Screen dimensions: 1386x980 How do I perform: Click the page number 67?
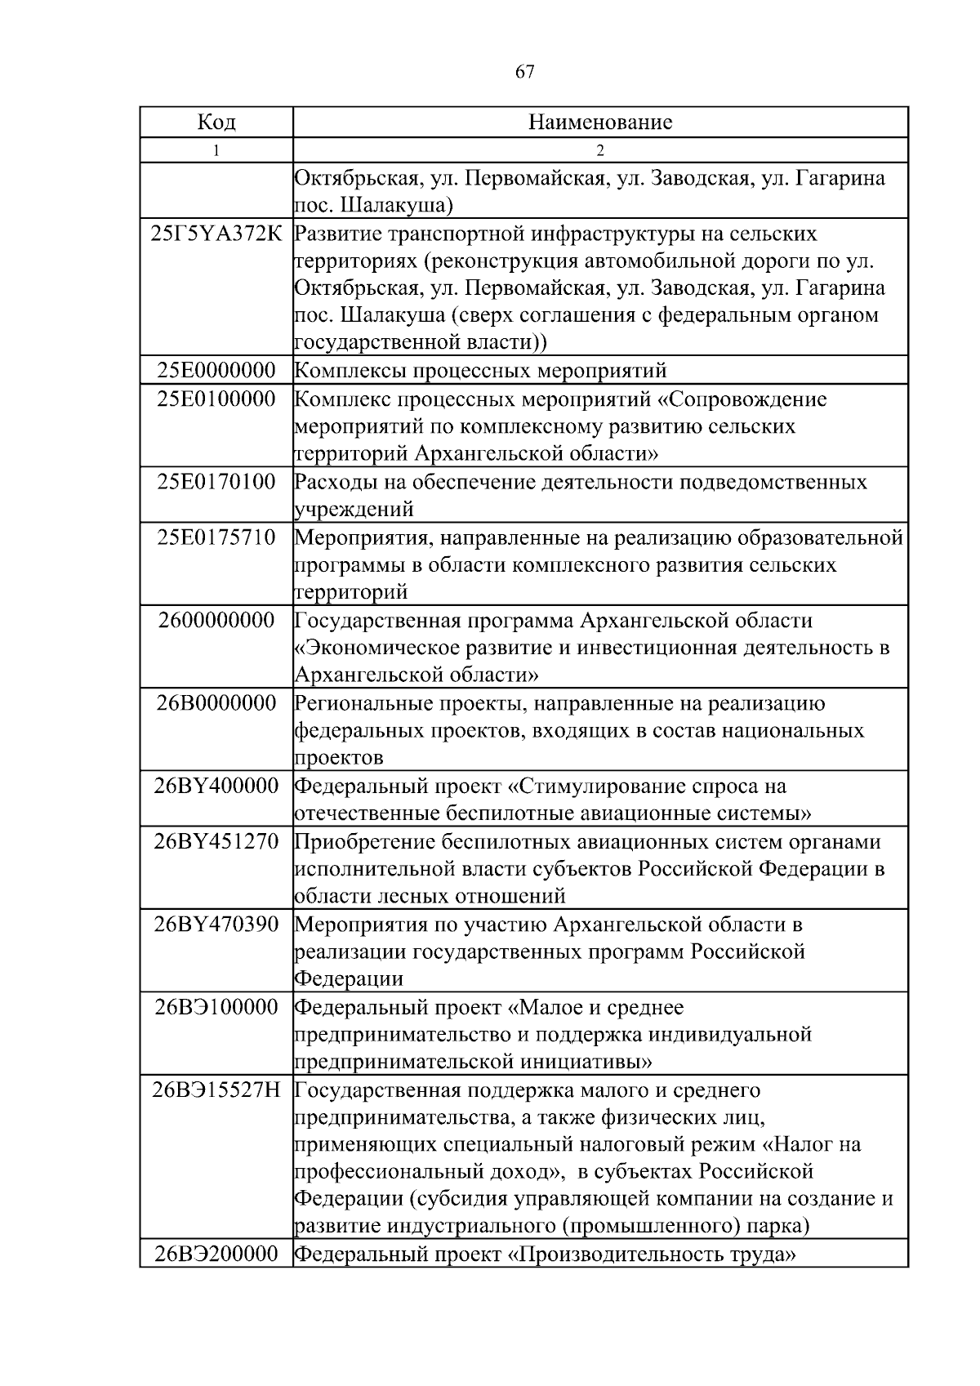tap(525, 72)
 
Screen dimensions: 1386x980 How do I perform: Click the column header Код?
tap(216, 123)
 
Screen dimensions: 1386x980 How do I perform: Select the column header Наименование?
tap(600, 123)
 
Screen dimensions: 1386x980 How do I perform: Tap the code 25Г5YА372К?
tap(216, 234)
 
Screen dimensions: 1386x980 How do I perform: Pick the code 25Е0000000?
tap(216, 371)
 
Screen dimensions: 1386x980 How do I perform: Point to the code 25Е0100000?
tap(216, 399)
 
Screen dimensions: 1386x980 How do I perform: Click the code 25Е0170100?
tap(216, 482)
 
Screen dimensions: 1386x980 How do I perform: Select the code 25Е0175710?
tap(216, 537)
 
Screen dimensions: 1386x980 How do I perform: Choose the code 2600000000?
tap(216, 621)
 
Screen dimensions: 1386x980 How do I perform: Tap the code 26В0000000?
tap(216, 703)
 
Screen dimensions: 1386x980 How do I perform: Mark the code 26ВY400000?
tap(216, 787)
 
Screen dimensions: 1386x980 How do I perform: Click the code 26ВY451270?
tap(216, 841)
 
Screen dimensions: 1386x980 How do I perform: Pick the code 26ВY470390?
tap(216, 925)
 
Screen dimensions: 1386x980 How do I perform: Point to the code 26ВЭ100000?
tap(216, 1007)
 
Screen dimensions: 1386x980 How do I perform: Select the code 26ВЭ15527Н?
tap(216, 1090)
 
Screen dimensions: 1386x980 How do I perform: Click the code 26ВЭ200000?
tap(216, 1255)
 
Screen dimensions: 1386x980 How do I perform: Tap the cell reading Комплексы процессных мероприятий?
tap(480, 371)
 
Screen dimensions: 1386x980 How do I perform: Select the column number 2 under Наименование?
tap(600, 150)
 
